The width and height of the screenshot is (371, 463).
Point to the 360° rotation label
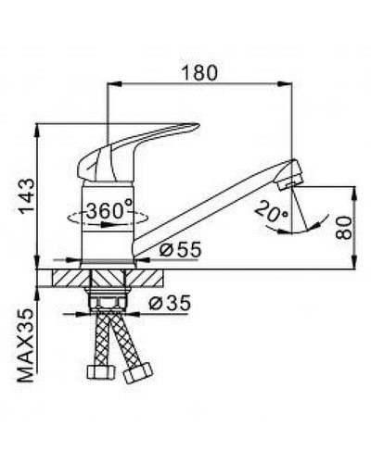click(109, 211)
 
